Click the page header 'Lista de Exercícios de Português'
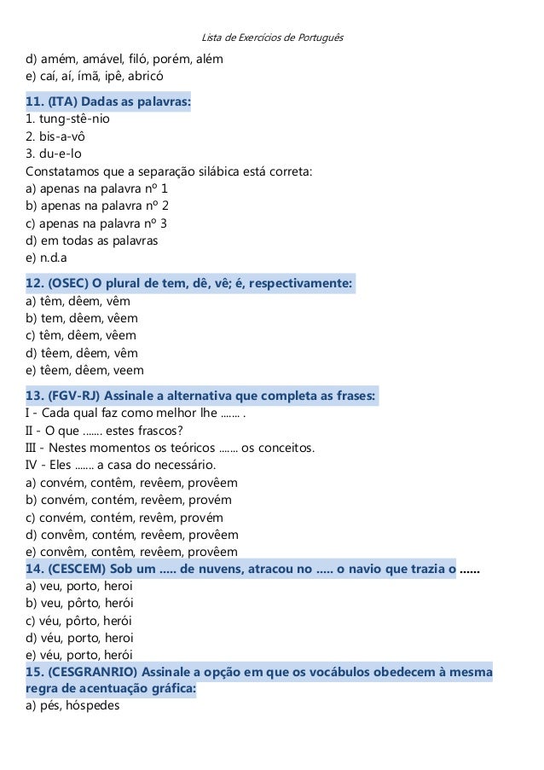(x=271, y=38)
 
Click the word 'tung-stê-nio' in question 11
(x=73, y=119)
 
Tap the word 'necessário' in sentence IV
(x=184, y=465)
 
